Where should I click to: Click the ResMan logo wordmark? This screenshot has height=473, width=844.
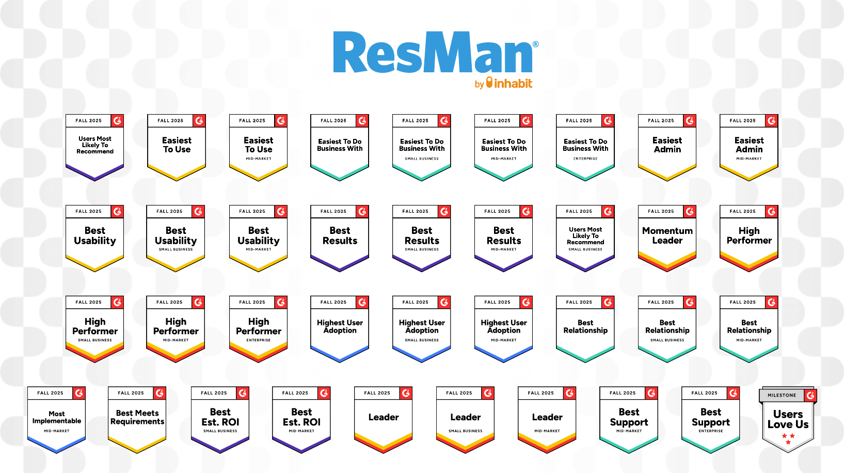click(433, 53)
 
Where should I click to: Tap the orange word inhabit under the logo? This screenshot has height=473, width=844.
click(513, 84)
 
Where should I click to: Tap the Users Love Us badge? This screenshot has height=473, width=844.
click(788, 420)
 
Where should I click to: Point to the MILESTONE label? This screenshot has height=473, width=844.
click(782, 396)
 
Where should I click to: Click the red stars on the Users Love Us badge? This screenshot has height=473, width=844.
click(788, 438)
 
